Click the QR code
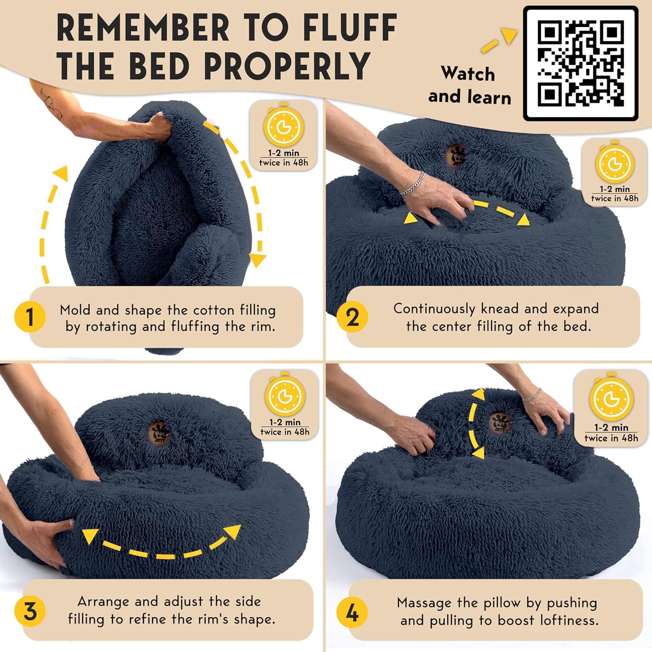point(581,63)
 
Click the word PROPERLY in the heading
point(287,66)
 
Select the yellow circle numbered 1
point(30,317)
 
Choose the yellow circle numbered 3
point(30,612)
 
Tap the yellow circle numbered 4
point(352,613)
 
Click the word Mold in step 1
point(75,310)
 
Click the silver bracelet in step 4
point(532,395)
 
